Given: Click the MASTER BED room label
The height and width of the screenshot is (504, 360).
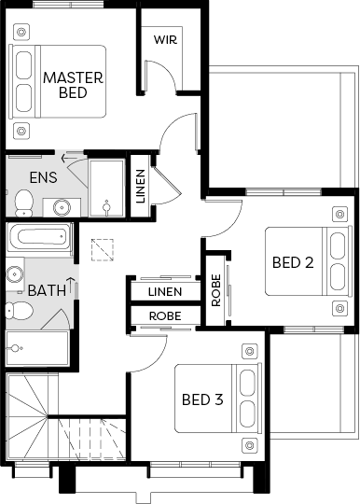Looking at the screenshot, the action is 74,85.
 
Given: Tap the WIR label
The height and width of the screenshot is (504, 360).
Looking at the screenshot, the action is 165,40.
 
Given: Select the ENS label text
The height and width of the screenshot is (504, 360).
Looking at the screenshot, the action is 43,177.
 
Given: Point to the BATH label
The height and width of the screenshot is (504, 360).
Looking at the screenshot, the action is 47,290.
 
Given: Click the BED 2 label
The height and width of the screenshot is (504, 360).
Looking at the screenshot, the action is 293,262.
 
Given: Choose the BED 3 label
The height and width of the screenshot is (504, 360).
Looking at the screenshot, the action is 202,399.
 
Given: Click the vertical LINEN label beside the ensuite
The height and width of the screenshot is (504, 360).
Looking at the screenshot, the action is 140,187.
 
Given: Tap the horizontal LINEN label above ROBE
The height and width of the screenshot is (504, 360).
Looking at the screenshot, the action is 165,292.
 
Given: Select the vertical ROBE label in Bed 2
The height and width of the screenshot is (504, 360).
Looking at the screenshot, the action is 216,290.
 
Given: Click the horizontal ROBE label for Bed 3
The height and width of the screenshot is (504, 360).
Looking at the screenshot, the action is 165,316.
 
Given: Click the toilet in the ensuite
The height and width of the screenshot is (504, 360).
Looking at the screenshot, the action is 23,203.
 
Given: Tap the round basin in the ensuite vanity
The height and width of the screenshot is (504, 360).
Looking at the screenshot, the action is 62,207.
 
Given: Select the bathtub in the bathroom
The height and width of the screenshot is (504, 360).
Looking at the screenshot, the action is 39,237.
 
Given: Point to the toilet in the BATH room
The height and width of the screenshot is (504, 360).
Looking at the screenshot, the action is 20,311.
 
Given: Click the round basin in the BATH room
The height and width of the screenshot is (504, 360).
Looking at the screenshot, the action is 14,274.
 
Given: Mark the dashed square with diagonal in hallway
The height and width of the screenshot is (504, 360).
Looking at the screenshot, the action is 102,250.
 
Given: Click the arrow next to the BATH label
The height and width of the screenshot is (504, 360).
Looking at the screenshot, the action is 71,286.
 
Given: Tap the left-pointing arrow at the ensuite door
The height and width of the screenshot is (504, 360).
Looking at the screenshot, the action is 69,158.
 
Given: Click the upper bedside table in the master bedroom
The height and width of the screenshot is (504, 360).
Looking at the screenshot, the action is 21,32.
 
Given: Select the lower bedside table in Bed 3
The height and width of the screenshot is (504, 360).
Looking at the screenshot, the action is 250,445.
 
